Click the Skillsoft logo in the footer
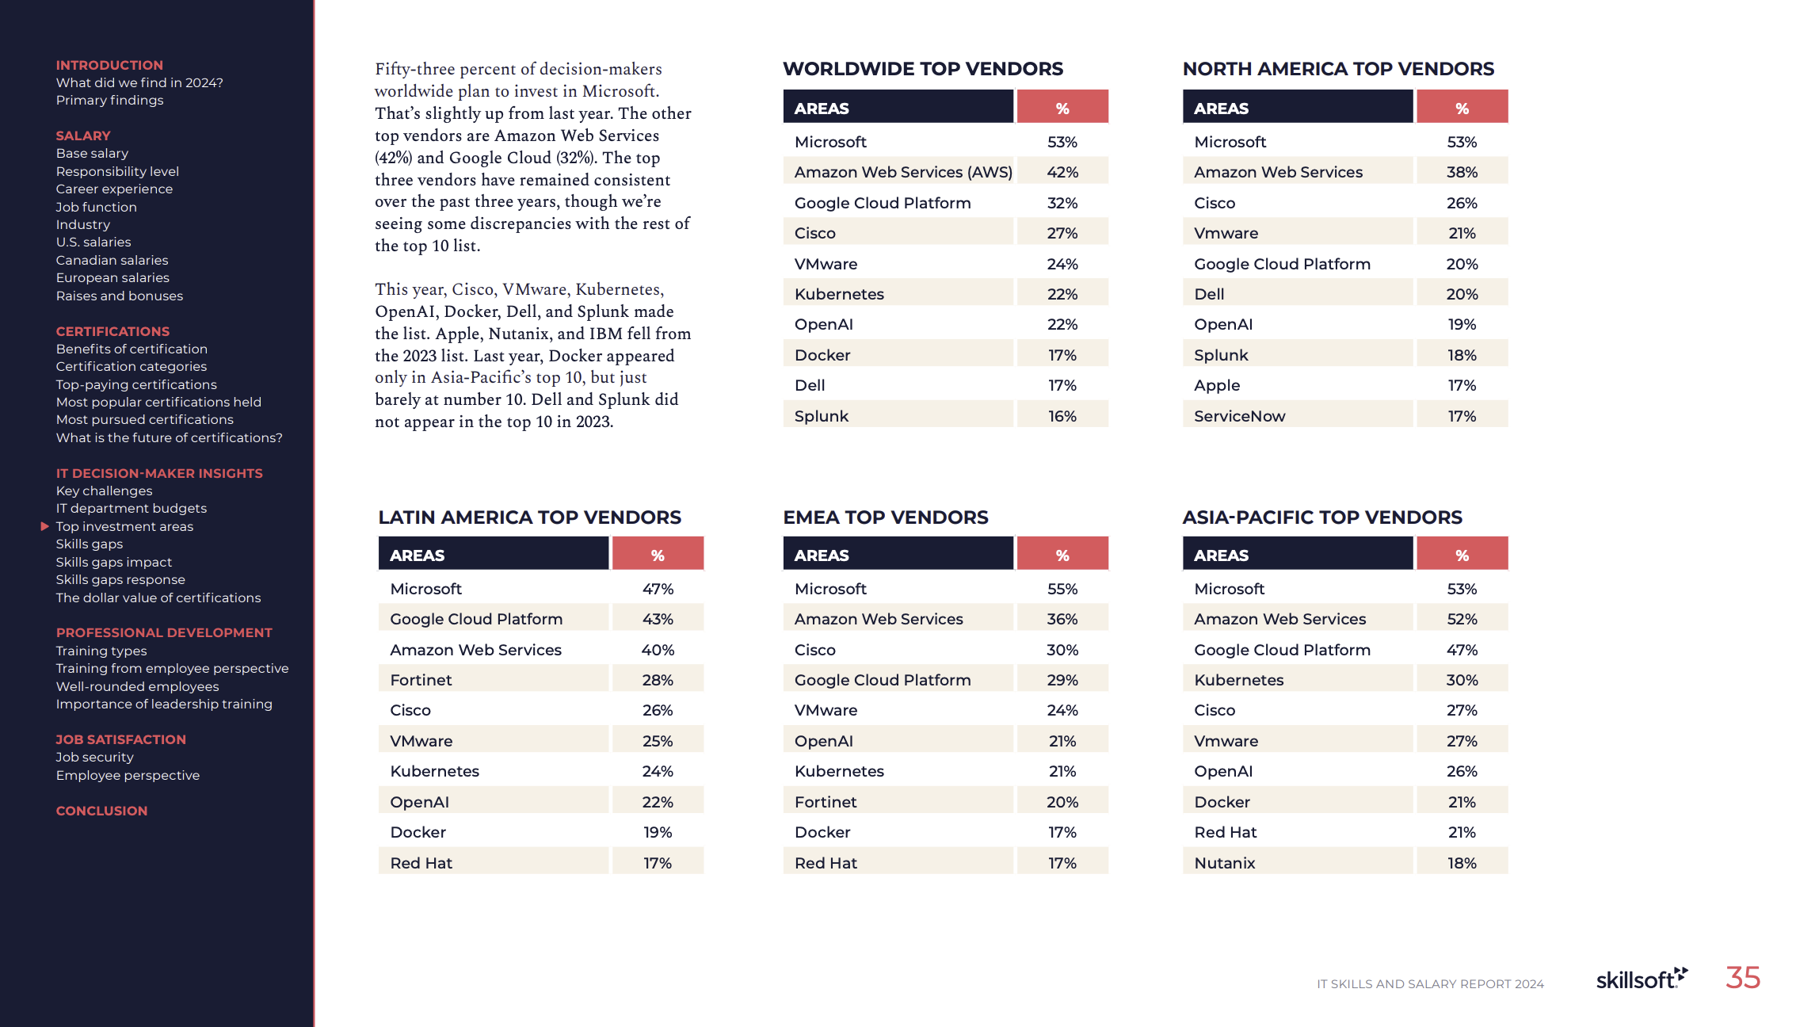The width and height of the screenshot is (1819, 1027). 1642,979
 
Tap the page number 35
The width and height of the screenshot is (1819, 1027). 1743,978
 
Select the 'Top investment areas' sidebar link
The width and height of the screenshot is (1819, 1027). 124,526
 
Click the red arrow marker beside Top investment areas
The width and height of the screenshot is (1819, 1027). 45,525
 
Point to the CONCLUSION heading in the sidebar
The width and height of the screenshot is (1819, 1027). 101,811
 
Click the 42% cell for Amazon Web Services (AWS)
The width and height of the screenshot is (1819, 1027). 1062,172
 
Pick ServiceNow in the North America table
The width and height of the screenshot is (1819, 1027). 1239,416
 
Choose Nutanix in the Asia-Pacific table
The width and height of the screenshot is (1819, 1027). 1225,863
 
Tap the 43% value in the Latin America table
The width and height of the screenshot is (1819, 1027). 658,619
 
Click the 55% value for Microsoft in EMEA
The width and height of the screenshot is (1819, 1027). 1062,589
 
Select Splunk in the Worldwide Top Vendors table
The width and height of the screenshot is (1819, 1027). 822,416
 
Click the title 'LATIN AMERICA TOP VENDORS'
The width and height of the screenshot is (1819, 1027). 529,517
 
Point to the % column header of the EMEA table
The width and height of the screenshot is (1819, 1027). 1062,555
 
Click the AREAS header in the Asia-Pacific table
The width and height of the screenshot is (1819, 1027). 1221,555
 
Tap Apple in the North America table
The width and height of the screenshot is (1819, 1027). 1217,386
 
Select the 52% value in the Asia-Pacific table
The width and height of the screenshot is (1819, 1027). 1462,619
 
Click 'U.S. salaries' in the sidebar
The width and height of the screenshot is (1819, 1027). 93,242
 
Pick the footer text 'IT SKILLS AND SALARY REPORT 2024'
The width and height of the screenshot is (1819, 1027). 1430,983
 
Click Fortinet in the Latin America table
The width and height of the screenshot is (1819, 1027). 421,680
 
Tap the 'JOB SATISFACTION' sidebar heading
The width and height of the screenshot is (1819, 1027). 120,739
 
